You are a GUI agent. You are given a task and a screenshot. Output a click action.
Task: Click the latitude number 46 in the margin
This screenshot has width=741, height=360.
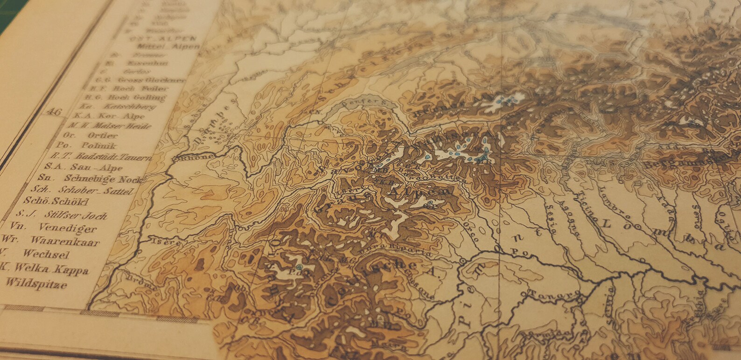55,112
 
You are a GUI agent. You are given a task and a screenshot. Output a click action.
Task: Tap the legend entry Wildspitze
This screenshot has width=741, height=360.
36,284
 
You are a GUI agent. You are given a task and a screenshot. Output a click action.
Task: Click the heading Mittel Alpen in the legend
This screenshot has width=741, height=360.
168,47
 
